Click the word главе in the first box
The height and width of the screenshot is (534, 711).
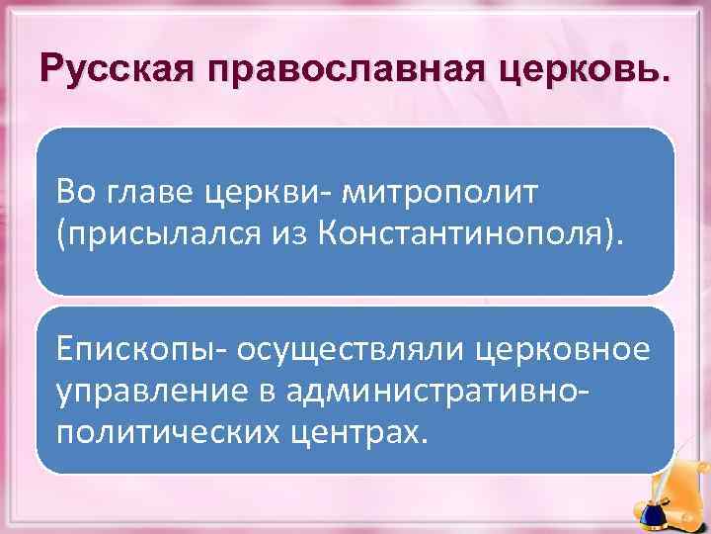[154, 189]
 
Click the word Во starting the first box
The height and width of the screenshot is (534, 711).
[77, 189]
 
